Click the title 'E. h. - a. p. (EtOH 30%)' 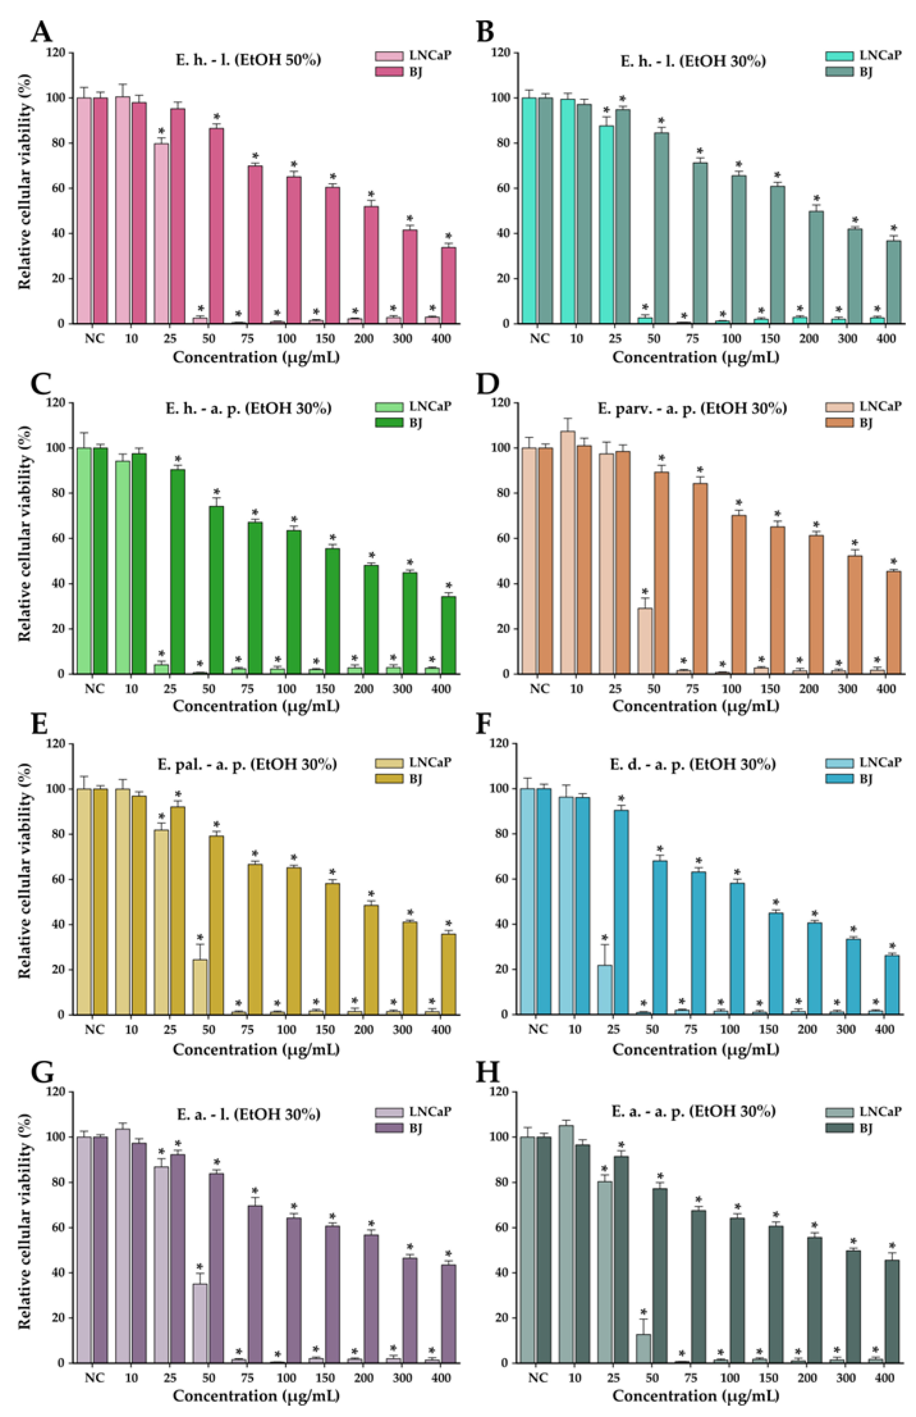click(248, 408)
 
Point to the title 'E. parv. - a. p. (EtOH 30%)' click(692, 408)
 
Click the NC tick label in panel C click(94, 689)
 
